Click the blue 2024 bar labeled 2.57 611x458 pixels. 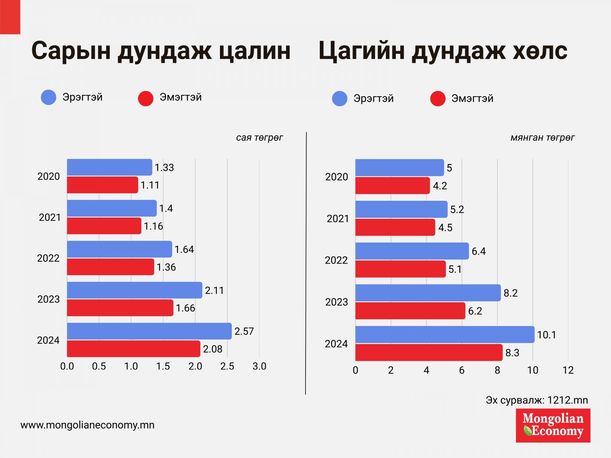tap(149, 331)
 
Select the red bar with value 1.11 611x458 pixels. tap(102, 185)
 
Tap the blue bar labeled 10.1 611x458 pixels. tap(445, 335)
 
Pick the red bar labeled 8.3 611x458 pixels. tap(429, 353)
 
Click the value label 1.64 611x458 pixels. tap(184, 250)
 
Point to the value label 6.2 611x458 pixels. tap(475, 311)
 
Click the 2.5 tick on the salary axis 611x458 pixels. tap(227, 366)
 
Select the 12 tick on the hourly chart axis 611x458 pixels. tap(568, 370)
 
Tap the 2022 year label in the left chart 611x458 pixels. tap(48, 258)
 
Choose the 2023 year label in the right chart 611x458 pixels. tap(337, 302)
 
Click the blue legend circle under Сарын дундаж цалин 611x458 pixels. tap(49, 97)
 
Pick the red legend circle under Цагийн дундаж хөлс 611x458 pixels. tap(438, 99)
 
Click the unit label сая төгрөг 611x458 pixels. tap(259, 138)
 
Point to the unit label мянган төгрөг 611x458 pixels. tap(543, 138)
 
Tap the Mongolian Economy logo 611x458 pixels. tap(553, 425)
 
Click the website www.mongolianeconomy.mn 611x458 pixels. tap(88, 425)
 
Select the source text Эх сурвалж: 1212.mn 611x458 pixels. tap(537, 400)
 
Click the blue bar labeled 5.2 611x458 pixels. tap(401, 209)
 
